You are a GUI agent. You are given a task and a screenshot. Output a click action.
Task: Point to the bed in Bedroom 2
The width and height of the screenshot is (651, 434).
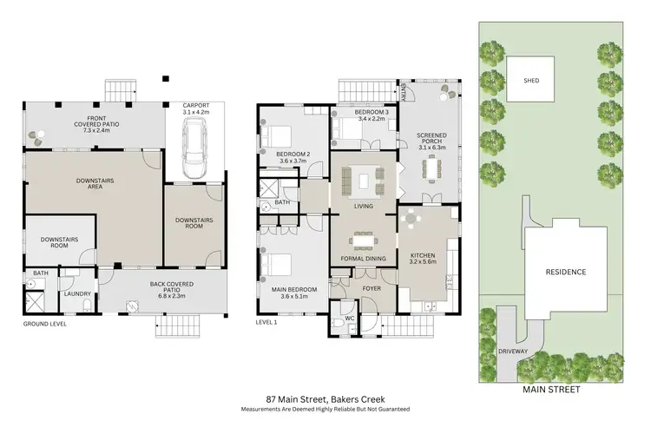click(279, 136)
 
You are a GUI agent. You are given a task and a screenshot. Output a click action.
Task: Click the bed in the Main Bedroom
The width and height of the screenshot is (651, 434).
click(279, 262)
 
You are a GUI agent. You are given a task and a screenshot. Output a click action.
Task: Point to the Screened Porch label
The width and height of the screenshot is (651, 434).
click(431, 139)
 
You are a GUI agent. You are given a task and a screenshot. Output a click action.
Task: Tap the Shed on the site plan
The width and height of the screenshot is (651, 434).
click(531, 81)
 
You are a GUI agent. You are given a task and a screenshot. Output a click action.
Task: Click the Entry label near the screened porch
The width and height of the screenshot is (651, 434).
click(404, 92)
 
